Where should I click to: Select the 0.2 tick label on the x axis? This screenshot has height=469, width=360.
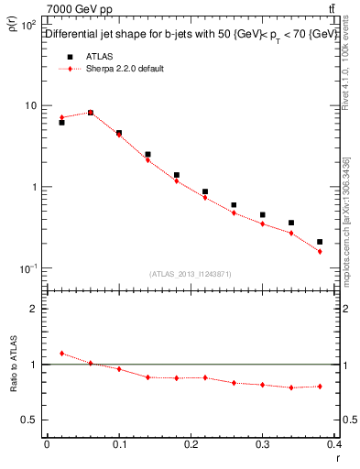click(191, 444)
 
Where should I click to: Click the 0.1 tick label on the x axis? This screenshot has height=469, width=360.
click(118, 444)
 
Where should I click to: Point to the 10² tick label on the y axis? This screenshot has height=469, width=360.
click(29, 24)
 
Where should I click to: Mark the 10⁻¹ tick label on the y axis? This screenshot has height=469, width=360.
click(28, 268)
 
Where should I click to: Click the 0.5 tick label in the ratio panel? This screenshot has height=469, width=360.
click(30, 420)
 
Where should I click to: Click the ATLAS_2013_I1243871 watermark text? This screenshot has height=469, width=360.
click(191, 274)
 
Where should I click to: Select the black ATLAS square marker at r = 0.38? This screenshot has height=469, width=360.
click(320, 242)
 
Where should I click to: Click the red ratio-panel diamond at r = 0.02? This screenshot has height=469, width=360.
click(61, 353)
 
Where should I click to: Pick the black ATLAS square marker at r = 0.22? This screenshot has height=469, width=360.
click(205, 192)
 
